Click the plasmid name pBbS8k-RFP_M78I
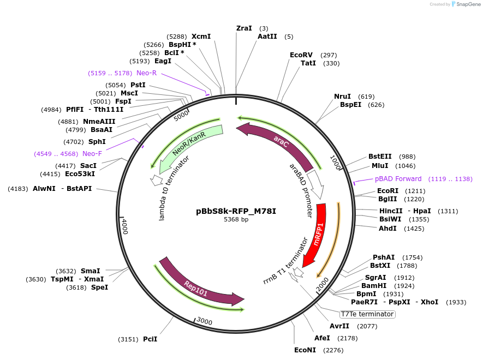pos(236,211)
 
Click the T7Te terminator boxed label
pos(367,314)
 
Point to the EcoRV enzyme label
pos(301,55)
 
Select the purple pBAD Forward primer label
pos(398,179)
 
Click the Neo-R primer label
pos(146,73)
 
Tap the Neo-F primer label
pos(92,154)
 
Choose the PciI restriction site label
pos(150,339)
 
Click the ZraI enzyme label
pos(244,28)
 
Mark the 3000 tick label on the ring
pos(204,321)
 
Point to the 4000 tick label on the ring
pos(124,225)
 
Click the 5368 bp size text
pos(236,220)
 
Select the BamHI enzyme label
pos(374,285)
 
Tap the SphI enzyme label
pos(97,142)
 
